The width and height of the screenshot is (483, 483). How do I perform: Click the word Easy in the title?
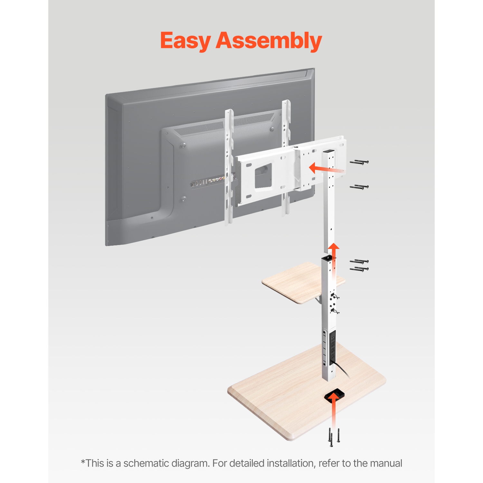coord(185,41)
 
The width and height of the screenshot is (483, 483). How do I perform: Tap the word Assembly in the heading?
coord(269,41)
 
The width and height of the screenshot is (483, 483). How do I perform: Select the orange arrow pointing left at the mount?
coord(324,168)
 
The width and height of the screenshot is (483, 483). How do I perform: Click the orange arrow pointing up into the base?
coord(334,409)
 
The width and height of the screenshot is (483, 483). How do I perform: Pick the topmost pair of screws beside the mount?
coord(359,162)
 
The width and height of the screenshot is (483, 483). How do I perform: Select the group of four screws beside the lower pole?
coord(359,265)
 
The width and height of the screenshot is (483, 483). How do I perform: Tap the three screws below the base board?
coord(334,437)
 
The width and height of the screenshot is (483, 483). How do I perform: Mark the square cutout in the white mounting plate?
coord(263,175)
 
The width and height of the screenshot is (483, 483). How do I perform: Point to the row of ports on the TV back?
coord(208,182)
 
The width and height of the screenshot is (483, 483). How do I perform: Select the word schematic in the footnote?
coord(146,463)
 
